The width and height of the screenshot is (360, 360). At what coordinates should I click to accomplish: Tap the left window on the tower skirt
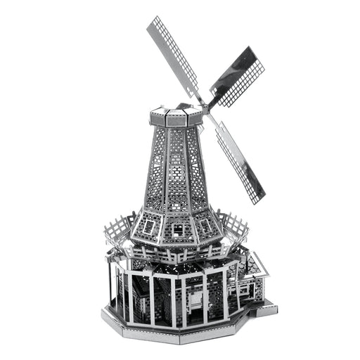150,224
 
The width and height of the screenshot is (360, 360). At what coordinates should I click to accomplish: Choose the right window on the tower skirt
207,226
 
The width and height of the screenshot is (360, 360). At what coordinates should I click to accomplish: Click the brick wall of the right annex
255,288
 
